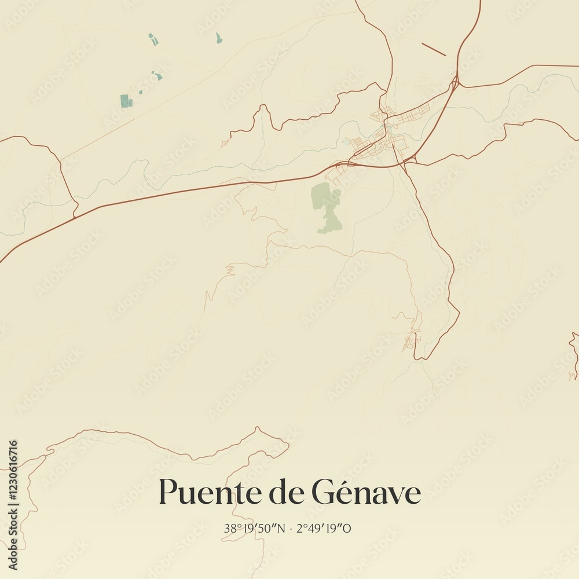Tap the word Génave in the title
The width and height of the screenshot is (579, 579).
[x=366, y=493]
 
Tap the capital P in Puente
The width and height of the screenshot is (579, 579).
[x=167, y=493]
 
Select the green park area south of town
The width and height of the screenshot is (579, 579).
[x=326, y=206]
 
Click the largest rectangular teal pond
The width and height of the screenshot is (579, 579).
[x=124, y=101]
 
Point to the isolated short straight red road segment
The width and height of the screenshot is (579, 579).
[x=433, y=49]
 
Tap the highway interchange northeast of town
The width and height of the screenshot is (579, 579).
[x=456, y=82]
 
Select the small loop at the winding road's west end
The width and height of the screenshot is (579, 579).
[x=225, y=142]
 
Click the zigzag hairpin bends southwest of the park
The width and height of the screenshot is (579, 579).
[x=230, y=269]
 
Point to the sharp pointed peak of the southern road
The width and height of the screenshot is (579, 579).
[x=258, y=428]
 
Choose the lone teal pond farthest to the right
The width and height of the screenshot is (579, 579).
[x=218, y=38]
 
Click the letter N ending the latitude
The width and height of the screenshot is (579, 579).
[x=284, y=528]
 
